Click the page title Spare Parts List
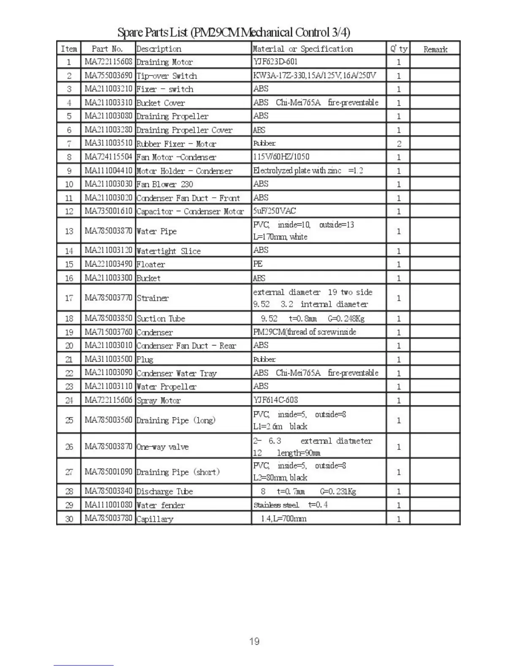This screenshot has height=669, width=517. pos(234,32)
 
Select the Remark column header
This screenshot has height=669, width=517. pos(435,49)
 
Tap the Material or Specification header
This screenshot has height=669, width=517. pos(302,49)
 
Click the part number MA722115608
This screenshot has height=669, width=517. pos(108,62)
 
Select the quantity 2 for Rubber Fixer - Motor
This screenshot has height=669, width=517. pos(398,144)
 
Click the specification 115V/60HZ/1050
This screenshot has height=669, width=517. pos(281,157)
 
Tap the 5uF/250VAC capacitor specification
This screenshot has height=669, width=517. pos(275,211)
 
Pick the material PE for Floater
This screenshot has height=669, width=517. pos(258,264)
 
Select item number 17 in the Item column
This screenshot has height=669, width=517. pos(69,298)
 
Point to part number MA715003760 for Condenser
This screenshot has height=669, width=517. pos(108,332)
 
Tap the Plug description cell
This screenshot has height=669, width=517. pos(145,359)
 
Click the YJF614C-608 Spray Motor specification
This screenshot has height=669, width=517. pos(275,400)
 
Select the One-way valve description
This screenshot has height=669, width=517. pos(163,447)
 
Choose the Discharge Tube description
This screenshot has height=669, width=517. pos(165,491)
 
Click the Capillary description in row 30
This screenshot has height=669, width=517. pos(155,519)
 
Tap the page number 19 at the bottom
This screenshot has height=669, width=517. pos(254,641)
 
